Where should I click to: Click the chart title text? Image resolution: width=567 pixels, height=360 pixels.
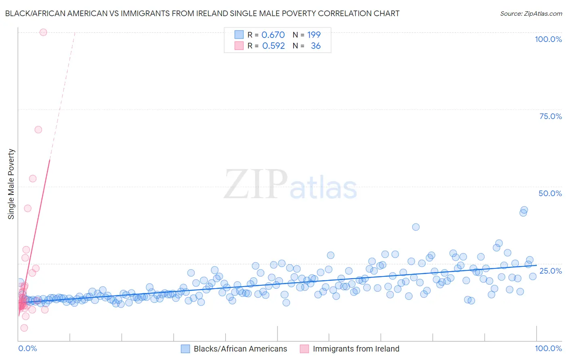pyautogui.click(x=202, y=13)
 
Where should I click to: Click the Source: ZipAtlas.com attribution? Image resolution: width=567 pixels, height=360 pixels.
pyautogui.click(x=531, y=14)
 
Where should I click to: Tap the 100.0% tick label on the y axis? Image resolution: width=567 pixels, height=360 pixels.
pyautogui.click(x=548, y=39)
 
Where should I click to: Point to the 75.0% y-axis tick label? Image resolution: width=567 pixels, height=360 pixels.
pyautogui.click(x=550, y=116)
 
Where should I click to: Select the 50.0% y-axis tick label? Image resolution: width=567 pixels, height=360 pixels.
pyautogui.click(x=550, y=193)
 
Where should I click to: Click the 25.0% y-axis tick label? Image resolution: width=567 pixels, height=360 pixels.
pyautogui.click(x=550, y=271)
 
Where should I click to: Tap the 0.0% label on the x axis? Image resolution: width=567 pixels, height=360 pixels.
pyautogui.click(x=27, y=348)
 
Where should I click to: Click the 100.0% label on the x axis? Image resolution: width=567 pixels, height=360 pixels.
pyautogui.click(x=548, y=348)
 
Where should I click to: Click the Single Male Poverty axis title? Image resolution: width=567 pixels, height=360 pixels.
pyautogui.click(x=11, y=184)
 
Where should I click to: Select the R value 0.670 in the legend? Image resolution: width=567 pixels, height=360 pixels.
pyautogui.click(x=273, y=35)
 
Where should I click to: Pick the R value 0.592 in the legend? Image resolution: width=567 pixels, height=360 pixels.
pyautogui.click(x=273, y=46)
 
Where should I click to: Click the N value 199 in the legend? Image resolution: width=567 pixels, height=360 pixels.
pyautogui.click(x=314, y=35)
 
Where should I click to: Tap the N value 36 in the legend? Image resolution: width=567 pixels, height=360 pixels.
pyautogui.click(x=316, y=46)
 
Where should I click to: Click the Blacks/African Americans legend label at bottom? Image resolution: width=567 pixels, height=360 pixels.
pyautogui.click(x=240, y=349)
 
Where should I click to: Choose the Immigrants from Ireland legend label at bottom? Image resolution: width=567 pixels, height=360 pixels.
pyautogui.click(x=356, y=349)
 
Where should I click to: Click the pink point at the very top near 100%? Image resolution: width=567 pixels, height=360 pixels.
pyautogui.click(x=43, y=32)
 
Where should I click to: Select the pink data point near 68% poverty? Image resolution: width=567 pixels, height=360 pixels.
pyautogui.click(x=38, y=130)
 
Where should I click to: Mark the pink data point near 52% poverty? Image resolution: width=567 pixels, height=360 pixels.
pyautogui.click(x=33, y=178)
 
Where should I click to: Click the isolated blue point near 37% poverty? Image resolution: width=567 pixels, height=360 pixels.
pyautogui.click(x=416, y=227)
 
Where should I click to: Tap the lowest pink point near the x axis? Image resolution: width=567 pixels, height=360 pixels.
pyautogui.click(x=24, y=328)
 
